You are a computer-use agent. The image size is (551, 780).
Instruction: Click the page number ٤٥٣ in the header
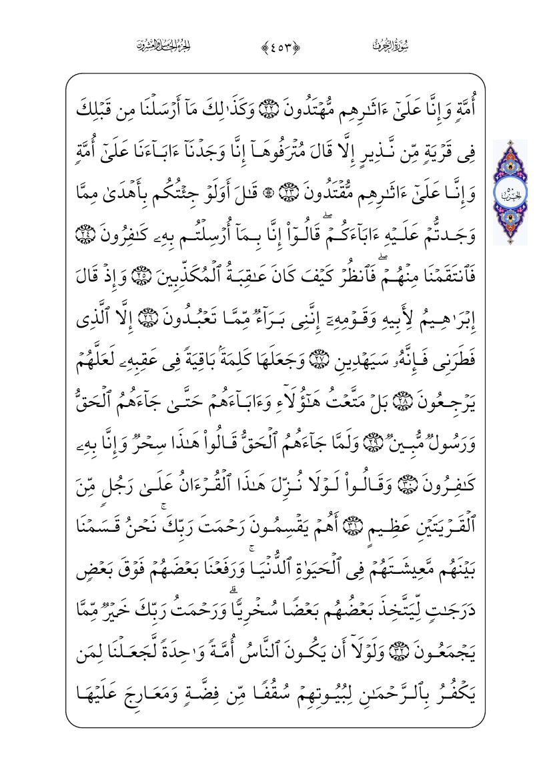coord(275,47)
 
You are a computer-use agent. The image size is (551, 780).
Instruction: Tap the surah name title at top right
coord(390,47)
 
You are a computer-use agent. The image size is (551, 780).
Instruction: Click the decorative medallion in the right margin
coord(510,192)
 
